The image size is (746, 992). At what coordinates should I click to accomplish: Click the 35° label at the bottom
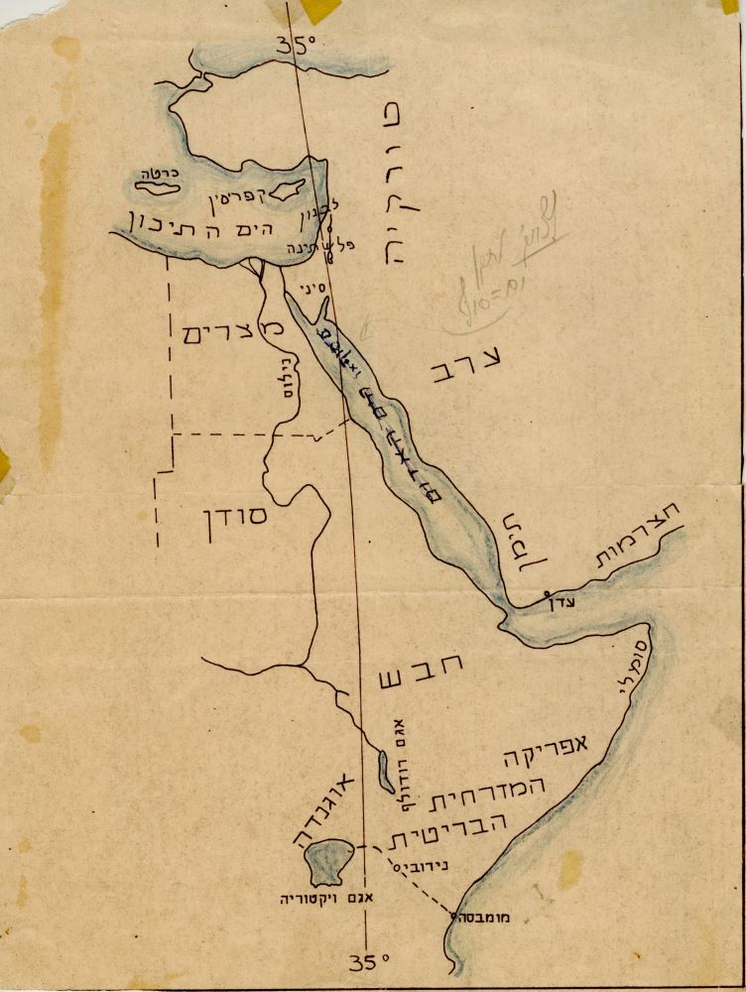368,960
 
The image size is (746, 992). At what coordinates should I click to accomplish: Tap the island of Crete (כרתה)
157,186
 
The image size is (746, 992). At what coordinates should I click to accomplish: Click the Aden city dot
548,596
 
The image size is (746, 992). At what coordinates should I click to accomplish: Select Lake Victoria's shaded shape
330,861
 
